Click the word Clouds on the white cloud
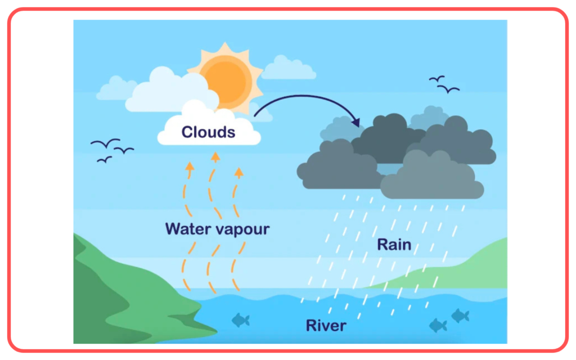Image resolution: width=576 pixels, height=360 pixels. coord(208,132)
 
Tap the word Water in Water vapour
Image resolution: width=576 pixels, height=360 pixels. coord(188,228)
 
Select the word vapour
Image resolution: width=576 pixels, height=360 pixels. coord(243,230)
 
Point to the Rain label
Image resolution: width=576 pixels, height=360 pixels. coord(394,245)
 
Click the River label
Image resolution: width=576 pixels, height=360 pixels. coord(326,326)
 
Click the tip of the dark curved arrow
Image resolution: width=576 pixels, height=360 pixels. coord(358,125)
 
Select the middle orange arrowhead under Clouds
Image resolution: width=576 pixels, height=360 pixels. coord(215,157)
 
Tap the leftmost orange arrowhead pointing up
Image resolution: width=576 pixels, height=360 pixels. coord(190,166)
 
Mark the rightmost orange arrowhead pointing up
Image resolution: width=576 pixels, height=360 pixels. coord(238,172)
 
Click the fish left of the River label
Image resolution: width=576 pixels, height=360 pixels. coord(241,320)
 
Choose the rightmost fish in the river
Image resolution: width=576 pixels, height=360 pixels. coord(460,316)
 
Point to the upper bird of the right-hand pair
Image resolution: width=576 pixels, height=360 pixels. coord(436,79)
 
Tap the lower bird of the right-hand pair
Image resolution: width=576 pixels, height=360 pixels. coord(448,89)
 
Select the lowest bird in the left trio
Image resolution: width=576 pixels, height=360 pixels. coord(104,159)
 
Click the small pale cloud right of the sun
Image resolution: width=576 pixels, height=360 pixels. coord(289,69)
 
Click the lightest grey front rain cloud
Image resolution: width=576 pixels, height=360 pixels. coord(432,176)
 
